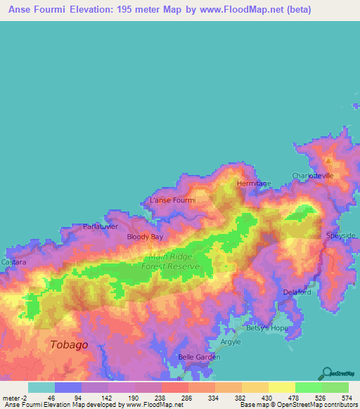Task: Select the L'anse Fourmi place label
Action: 172,200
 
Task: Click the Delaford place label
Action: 296,292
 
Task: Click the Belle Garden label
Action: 199,357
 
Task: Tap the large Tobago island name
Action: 70,344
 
